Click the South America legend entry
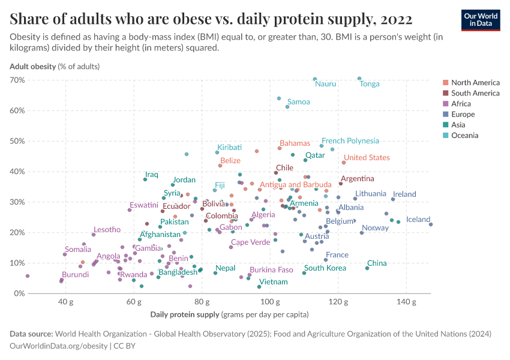tap(475, 93)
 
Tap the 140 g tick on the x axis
tap(406, 301)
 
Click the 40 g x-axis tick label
tap(65, 301)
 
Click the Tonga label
tap(369, 84)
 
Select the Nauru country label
tap(325, 84)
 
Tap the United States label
tap(367, 158)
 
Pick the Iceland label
tap(418, 220)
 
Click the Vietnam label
tap(273, 282)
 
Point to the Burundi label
tap(76, 275)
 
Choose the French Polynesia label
tap(350, 141)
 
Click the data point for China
tap(367, 268)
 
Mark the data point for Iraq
tap(145, 179)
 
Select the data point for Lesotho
tap(94, 235)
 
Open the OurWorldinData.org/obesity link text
tap(59, 346)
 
